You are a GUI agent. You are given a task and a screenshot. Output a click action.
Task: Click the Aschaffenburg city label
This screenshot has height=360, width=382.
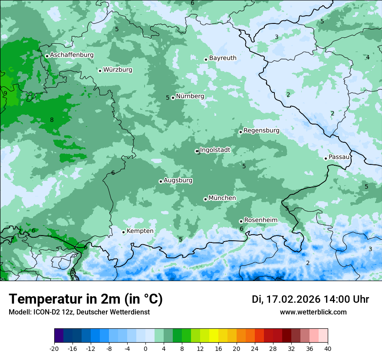pyautogui.click(x=72, y=55)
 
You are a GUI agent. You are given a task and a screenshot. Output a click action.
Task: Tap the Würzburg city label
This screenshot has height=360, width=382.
pyautogui.click(x=118, y=70)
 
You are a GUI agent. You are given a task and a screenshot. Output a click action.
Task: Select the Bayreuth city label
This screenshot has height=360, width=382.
pyautogui.click(x=223, y=58)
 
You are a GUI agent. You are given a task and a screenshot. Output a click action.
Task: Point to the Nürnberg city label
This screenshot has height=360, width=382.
pyautogui.click(x=190, y=96)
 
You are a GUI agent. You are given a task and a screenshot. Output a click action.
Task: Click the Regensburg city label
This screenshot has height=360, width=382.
pyautogui.click(x=261, y=131)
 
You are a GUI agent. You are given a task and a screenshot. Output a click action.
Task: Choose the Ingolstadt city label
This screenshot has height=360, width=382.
pyautogui.click(x=215, y=150)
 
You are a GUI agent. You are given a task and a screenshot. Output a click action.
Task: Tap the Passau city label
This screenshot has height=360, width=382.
pyautogui.click(x=339, y=157)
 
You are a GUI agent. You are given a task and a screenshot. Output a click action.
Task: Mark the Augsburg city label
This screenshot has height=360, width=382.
pyautogui.click(x=178, y=180)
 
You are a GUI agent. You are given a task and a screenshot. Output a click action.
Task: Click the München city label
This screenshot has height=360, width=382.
pyautogui.click(x=222, y=198)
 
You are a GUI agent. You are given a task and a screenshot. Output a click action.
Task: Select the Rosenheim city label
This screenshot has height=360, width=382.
pyautogui.click(x=260, y=220)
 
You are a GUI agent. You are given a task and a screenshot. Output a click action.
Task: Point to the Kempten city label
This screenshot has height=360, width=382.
pyautogui.click(x=140, y=231)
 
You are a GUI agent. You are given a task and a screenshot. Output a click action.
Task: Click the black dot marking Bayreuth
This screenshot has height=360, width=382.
pyautogui.click(x=206, y=60)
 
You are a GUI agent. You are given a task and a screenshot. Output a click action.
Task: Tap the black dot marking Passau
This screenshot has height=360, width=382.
pyautogui.click(x=326, y=158)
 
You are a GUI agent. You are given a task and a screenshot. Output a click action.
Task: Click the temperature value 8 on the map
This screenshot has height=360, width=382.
pyautogui.click(x=52, y=120)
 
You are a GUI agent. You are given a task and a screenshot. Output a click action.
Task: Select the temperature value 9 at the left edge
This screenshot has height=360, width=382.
pyautogui.click(x=5, y=93)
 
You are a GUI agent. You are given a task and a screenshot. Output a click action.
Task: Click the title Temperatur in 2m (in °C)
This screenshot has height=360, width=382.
pyautogui.click(x=86, y=299)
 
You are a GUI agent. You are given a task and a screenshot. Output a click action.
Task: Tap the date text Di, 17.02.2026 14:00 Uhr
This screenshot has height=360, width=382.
pyautogui.click(x=310, y=299)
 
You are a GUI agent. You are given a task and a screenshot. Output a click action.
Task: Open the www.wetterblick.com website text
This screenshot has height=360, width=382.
pyautogui.click(x=313, y=312)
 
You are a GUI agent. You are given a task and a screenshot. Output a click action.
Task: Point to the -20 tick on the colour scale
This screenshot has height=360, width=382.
pyautogui.click(x=54, y=349)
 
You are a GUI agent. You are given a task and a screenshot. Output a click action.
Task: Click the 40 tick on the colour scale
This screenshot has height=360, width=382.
pyautogui.click(x=327, y=349)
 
